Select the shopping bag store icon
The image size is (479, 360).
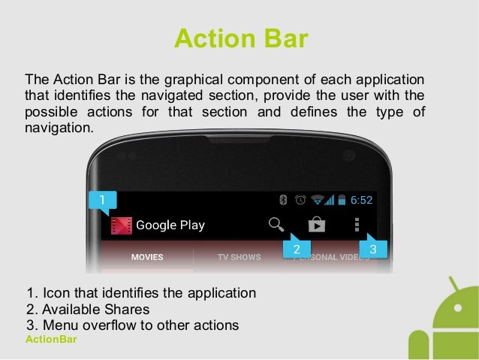317,224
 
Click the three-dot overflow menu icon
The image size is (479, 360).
357,224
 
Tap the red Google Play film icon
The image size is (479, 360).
122,225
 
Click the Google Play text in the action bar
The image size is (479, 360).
170,225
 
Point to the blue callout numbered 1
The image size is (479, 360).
102,199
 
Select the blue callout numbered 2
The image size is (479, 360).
297,249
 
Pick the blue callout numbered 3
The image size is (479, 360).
373,249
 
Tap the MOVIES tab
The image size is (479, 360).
147,257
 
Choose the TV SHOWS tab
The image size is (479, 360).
239,257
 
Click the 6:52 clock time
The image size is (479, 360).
361,200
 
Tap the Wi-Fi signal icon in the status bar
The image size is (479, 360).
318,200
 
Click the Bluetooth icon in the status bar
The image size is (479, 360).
284,200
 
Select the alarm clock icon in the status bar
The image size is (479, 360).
300,200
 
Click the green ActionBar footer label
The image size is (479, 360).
51,340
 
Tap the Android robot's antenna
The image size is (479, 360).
453,286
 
